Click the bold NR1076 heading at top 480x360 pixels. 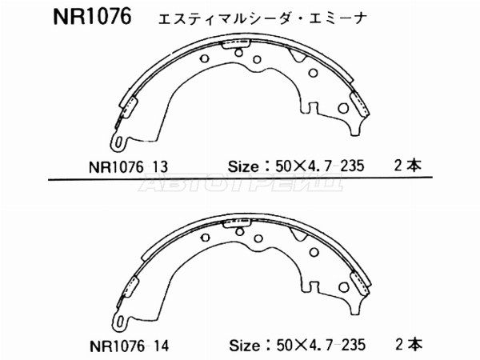pos(93,16)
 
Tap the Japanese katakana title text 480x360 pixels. pos(262,18)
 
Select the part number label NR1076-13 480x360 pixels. pos(128,167)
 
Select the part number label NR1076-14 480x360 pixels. pos(129,346)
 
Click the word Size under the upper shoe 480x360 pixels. pos(243,166)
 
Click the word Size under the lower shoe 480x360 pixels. pos(244,346)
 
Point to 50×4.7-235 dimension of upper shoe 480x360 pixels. pos(320,166)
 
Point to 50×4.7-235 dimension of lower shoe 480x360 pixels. pos(321,346)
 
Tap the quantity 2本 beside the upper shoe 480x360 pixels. pos(408,166)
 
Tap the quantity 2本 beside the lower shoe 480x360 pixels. pos(409,345)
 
